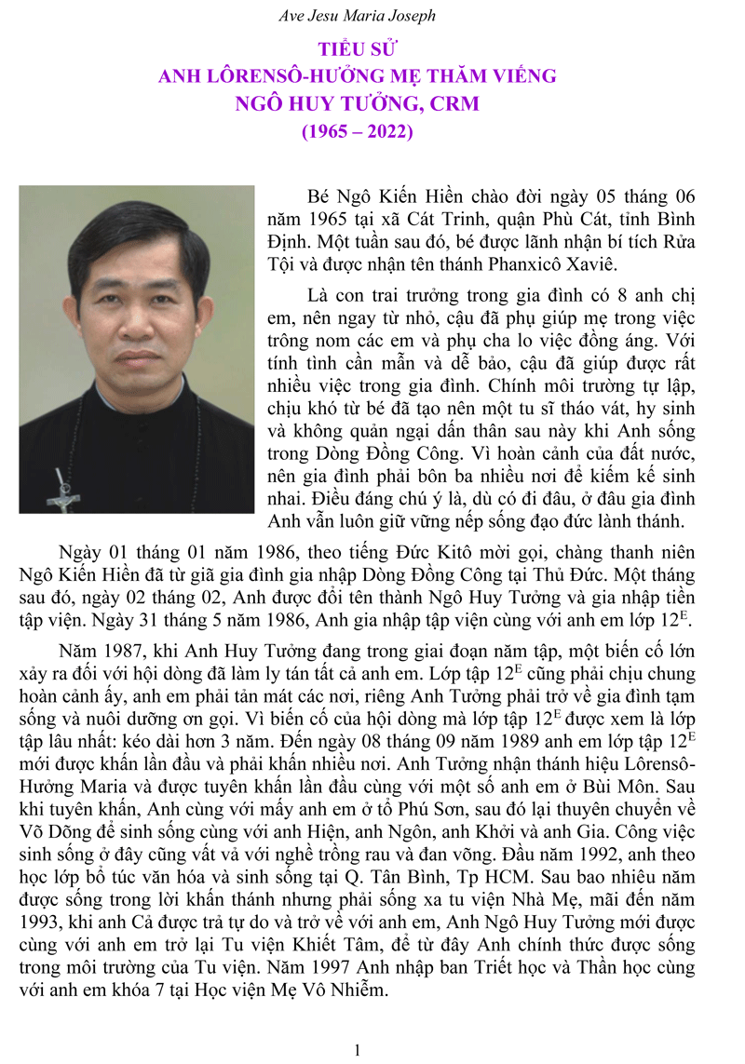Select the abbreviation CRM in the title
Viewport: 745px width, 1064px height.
(x=454, y=103)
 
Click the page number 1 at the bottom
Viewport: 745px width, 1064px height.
(x=358, y=1050)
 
